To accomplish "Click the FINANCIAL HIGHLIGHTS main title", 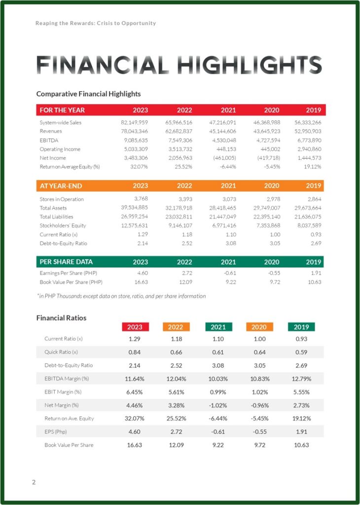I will [180, 65].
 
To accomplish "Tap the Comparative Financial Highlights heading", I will [88, 94].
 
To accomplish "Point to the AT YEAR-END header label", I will [61, 186].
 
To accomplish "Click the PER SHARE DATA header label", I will [66, 262].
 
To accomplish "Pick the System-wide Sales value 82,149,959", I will [134, 122].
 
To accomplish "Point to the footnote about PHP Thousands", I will [121, 296].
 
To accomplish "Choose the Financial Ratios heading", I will [61, 318].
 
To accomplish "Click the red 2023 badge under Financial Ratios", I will [135, 327].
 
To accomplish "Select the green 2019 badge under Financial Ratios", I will [301, 327].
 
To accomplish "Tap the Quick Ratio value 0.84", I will [135, 352].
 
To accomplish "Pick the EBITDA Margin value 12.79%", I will [301, 379].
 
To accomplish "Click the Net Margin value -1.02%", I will [218, 405].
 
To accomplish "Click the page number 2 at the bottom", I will [34, 482].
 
